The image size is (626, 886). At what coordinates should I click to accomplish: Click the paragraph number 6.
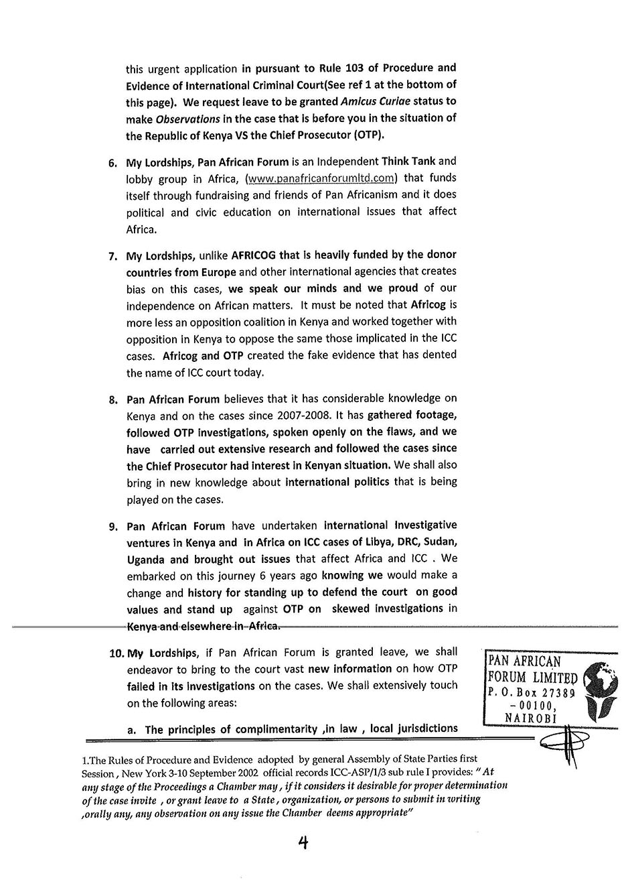[112, 162]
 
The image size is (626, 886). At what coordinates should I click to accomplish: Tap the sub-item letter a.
[131, 730]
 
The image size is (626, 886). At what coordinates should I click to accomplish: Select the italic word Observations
[187, 119]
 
